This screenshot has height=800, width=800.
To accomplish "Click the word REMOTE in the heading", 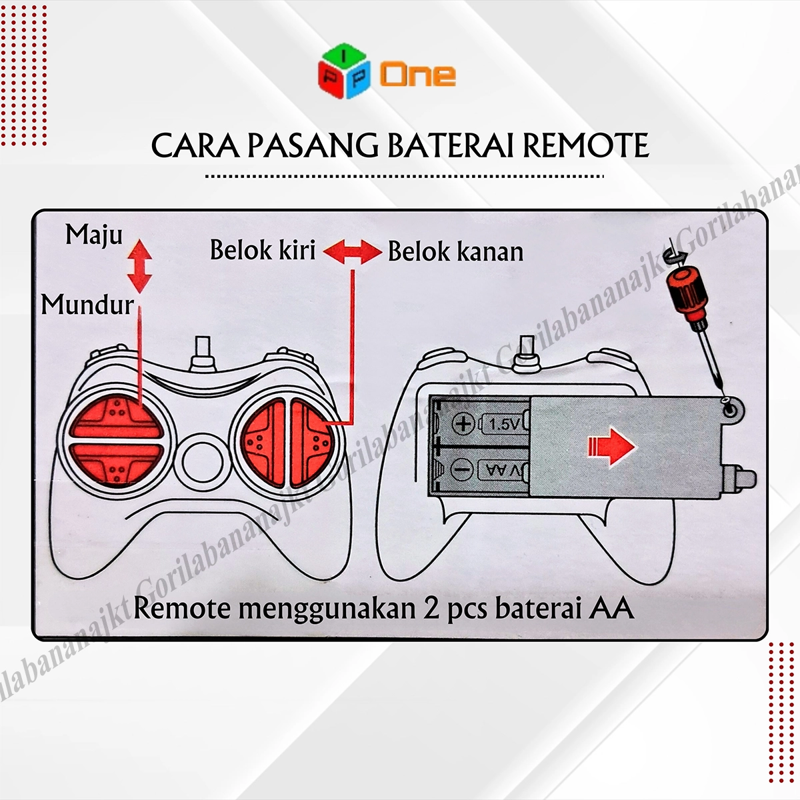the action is (586, 146).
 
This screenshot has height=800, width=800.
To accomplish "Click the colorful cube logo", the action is (344, 71).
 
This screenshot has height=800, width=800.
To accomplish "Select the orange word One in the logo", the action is (418, 75).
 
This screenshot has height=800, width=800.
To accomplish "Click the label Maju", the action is (94, 235).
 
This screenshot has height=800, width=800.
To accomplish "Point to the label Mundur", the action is (87, 305).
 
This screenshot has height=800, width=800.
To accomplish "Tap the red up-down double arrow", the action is (139, 266).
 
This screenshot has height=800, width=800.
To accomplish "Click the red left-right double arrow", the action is (353, 251).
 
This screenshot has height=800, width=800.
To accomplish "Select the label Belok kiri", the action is (263, 250).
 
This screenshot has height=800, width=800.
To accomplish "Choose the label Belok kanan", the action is (456, 251).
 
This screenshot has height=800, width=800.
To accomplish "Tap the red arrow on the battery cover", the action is (611, 447).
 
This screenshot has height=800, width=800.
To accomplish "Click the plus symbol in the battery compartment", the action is (463, 423).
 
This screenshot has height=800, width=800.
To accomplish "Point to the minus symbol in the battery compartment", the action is (461, 470).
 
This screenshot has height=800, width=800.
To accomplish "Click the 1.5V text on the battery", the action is (504, 424).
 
